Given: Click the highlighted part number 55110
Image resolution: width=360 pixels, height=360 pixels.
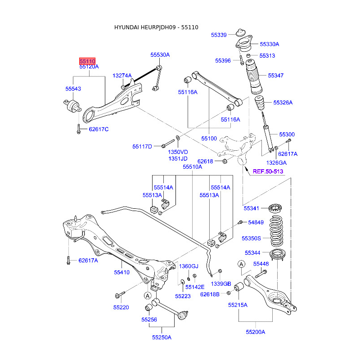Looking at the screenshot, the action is (87, 61).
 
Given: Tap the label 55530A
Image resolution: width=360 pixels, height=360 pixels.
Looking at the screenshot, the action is (160, 55).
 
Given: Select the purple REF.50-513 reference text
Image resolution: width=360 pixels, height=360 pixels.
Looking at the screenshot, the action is (268, 171).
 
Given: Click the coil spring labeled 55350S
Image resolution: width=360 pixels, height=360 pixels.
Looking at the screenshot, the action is (276, 231).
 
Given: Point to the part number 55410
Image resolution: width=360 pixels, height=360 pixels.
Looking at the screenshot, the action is (121, 273).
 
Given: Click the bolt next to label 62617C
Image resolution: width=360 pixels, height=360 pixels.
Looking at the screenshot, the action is (78, 129).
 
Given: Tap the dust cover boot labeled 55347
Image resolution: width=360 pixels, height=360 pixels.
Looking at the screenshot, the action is (253, 77).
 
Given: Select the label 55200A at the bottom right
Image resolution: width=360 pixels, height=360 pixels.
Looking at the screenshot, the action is (255, 332).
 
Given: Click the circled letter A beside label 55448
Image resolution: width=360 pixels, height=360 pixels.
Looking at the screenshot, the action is (241, 264).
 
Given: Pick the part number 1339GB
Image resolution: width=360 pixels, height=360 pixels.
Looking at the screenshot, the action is (221, 284).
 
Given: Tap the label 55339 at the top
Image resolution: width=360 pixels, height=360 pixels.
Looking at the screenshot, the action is (219, 35).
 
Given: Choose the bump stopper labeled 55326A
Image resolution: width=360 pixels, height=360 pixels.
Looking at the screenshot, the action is (260, 103).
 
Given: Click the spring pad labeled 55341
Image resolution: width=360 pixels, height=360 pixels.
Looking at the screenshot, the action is (275, 208).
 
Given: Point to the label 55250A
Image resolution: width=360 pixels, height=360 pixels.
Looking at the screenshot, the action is (162, 337).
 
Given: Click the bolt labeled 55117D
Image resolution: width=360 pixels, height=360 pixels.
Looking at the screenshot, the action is (168, 143).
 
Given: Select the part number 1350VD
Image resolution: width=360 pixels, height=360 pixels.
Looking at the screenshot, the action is (178, 152).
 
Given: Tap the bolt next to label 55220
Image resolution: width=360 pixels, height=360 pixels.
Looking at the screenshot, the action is (120, 295).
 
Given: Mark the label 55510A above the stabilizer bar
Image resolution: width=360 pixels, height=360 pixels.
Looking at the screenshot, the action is (193, 167).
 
